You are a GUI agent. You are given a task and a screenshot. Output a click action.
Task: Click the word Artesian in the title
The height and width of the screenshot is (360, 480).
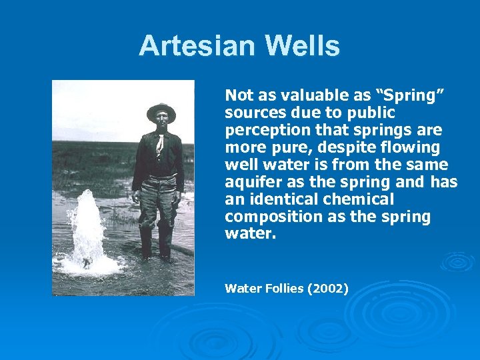pos(197,47)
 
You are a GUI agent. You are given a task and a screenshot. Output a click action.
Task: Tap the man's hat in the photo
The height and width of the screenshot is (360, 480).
pos(161,111)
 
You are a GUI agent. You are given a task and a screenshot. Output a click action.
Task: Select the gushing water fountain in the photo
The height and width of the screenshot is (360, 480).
pos(87,230)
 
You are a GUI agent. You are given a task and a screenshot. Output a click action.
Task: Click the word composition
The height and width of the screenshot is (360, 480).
pos(267,217)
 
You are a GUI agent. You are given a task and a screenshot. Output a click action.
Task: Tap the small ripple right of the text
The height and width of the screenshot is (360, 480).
pos(457,261)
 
